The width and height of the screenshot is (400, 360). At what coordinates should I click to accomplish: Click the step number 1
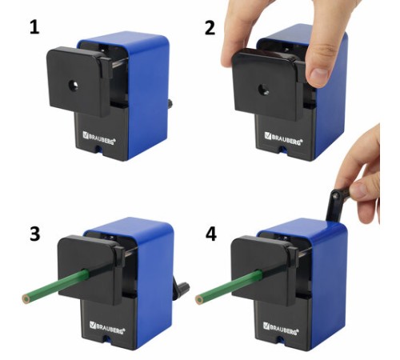click(x=34, y=28)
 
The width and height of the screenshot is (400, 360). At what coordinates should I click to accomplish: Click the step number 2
click(x=210, y=28)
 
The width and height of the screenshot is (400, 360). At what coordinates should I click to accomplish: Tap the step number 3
click(x=35, y=234)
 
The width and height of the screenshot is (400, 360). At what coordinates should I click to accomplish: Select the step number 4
click(x=210, y=234)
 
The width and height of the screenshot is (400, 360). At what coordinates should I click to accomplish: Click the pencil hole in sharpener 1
click(x=73, y=86)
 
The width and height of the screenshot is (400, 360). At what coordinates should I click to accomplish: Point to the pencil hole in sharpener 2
click(x=263, y=90)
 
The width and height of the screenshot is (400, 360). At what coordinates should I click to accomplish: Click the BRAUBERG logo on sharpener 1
click(x=99, y=138)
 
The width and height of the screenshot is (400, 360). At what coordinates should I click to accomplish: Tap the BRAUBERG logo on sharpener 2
click(x=283, y=138)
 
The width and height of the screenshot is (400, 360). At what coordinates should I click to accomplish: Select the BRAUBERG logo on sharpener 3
click(x=107, y=327)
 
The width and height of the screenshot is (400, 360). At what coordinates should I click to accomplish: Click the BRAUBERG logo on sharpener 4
click(x=281, y=328)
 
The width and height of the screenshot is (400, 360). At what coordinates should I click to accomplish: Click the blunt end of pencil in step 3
click(x=26, y=299)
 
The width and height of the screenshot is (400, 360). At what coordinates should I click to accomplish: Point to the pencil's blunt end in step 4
click(x=199, y=299)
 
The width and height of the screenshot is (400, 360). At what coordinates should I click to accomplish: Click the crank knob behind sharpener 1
click(x=170, y=103)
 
